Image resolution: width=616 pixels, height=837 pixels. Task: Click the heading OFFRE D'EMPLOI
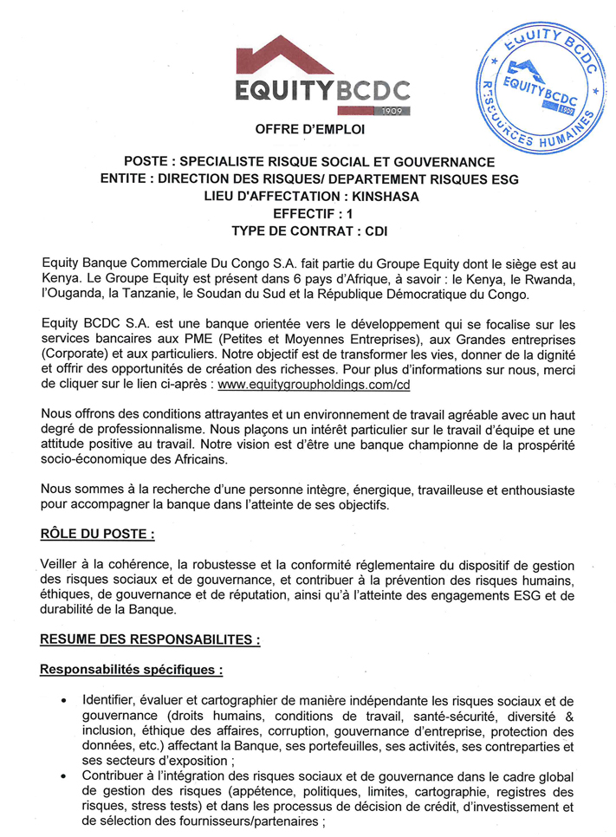point(310,129)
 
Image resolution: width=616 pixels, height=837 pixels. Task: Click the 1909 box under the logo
point(392,111)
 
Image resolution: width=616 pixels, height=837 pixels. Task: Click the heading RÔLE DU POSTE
point(98,535)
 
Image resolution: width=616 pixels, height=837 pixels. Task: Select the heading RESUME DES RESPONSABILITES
point(149,639)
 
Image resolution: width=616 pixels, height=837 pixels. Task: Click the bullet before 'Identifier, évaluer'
point(64,701)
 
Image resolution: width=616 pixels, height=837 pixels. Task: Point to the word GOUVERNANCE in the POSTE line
point(438,162)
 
